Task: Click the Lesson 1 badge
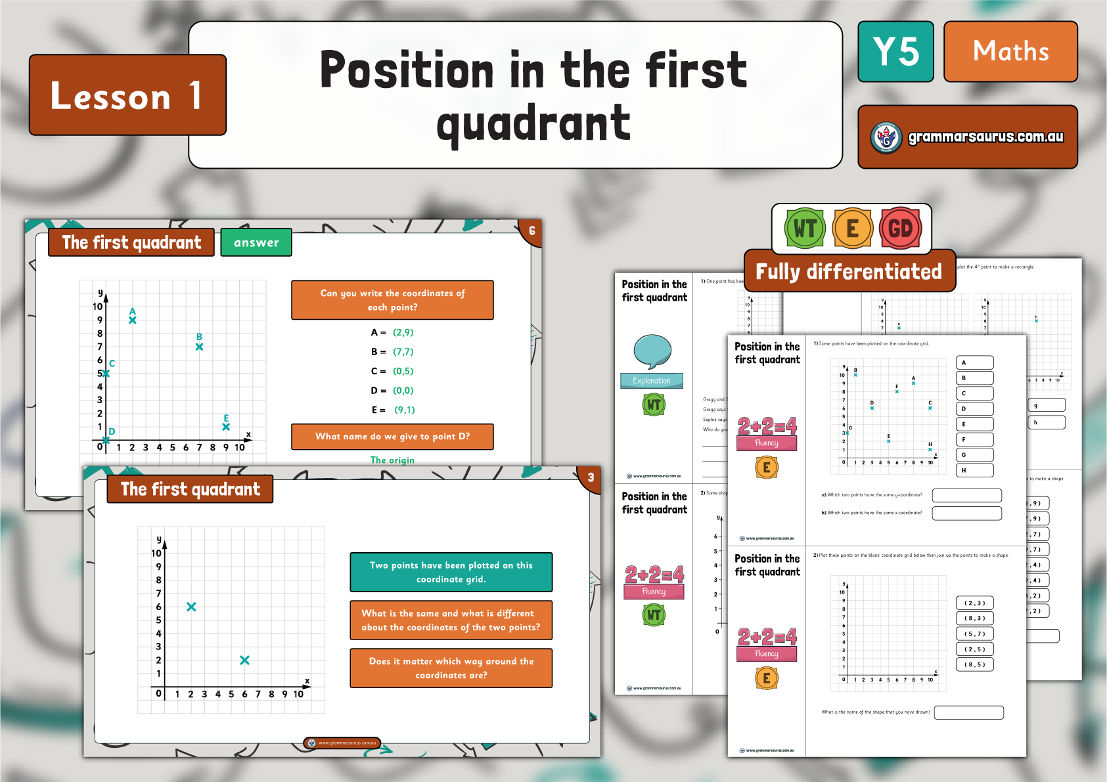tap(127, 95)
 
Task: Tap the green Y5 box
tap(895, 52)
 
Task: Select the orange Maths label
tap(1010, 52)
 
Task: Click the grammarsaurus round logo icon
tap(886, 137)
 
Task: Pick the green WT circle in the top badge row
tap(805, 228)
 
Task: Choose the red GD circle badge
tap(900, 228)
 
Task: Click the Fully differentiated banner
tap(849, 271)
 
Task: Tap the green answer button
tap(256, 243)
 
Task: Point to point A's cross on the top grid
tap(133, 320)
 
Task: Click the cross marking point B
tap(199, 347)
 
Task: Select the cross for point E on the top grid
tap(226, 427)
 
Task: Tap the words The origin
tap(392, 460)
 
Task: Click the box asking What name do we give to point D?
tap(392, 437)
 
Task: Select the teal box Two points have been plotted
tap(451, 572)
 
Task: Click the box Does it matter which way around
tap(451, 668)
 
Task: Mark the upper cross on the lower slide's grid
tap(191, 607)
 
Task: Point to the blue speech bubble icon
tap(652, 351)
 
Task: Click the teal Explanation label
tap(652, 381)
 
